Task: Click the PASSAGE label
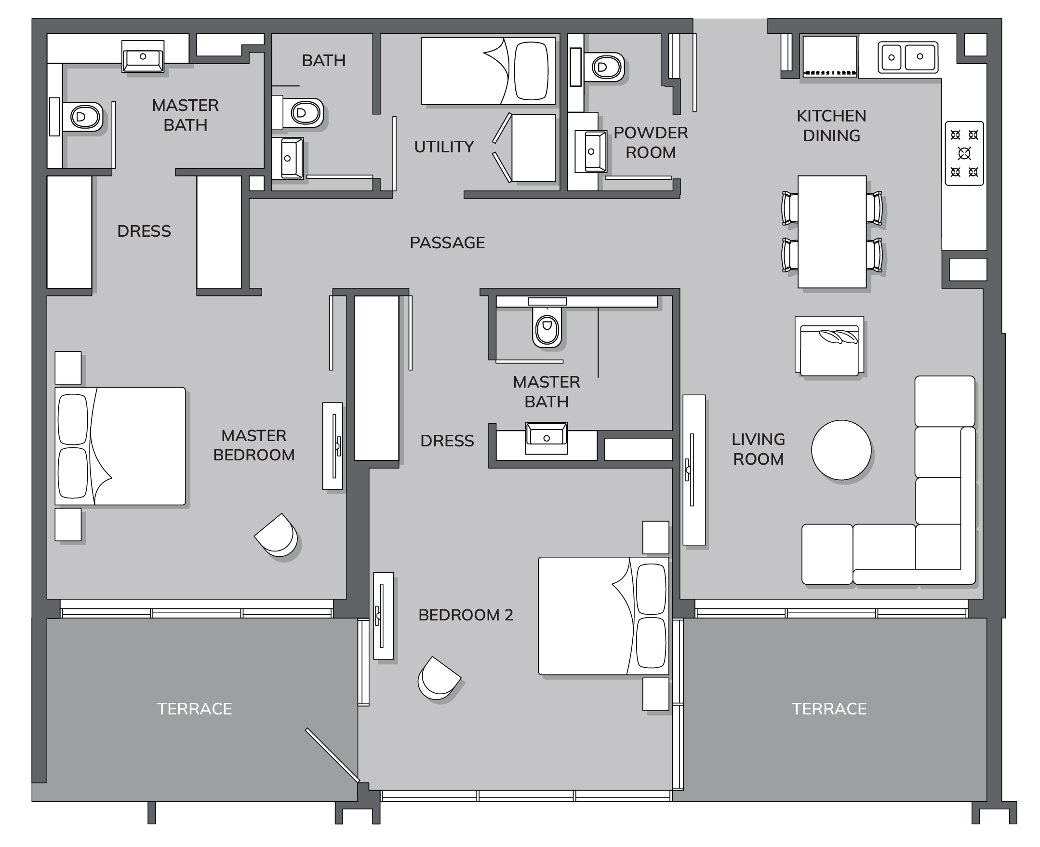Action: (447, 242)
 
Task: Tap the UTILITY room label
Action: (444, 147)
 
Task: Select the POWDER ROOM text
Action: (651, 143)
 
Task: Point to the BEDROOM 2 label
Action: (466, 615)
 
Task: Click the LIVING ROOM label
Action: (758, 449)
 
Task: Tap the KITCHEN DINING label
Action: (832, 125)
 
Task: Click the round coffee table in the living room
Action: (841, 450)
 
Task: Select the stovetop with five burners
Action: (964, 153)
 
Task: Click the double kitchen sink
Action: (908, 57)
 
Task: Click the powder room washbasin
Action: (591, 151)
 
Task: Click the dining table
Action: (832, 232)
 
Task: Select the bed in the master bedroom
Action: (120, 446)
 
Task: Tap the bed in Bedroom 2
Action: (603, 616)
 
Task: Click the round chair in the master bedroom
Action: (276, 535)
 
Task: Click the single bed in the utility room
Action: (488, 71)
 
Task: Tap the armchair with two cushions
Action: (829, 346)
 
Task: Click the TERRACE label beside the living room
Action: (829, 709)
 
